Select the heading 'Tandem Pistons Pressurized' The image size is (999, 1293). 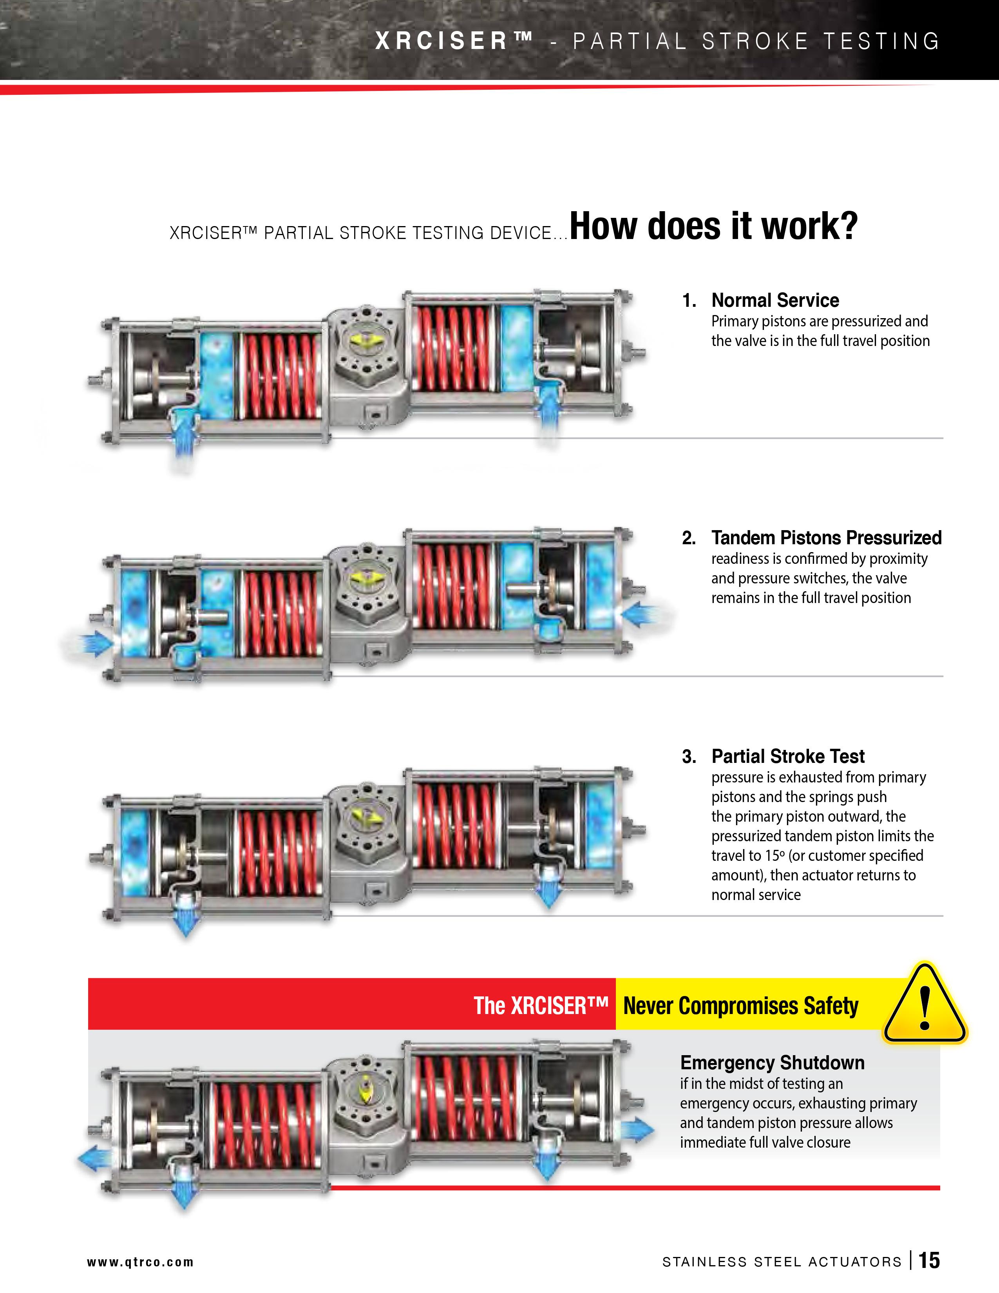826,538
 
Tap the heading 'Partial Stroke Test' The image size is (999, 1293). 788,756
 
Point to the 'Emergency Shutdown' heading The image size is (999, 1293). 772,1063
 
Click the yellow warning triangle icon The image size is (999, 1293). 925,1004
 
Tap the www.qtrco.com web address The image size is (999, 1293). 140,1262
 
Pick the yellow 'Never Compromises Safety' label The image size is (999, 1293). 740,1006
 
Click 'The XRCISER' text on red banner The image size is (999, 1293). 541,1006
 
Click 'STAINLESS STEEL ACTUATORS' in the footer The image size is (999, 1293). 782,1262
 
